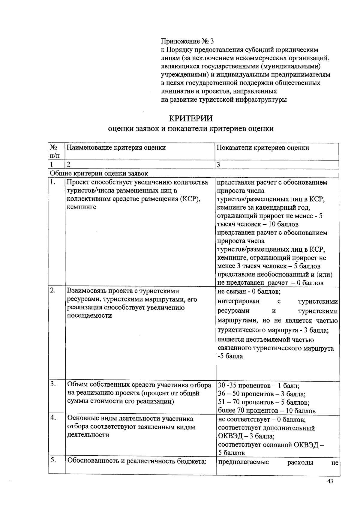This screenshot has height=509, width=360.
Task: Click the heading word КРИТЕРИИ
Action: click(191, 118)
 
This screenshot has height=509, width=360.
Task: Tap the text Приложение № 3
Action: click(188, 41)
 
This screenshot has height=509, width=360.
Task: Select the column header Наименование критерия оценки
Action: click(116, 148)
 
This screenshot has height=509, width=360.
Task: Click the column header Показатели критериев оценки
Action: click(263, 148)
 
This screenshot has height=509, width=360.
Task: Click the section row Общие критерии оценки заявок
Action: click(99, 173)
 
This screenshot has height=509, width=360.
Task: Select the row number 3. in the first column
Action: click(53, 384)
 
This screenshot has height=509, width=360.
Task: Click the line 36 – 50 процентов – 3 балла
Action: click(262, 394)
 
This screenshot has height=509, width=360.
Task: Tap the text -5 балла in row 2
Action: click(230, 356)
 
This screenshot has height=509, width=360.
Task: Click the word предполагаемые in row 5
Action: click(243, 462)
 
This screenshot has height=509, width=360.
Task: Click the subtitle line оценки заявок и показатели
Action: click(191, 129)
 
